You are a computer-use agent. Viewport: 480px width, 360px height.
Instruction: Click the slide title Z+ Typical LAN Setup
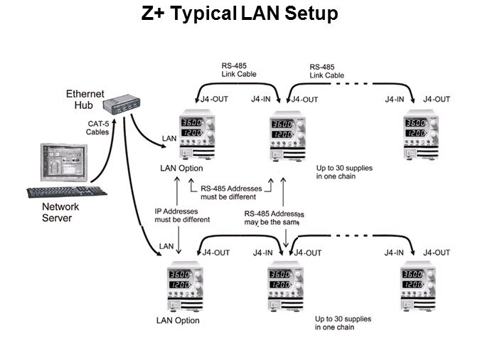pos(239,14)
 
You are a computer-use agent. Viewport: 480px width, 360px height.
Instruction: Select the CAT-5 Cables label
pos(97,127)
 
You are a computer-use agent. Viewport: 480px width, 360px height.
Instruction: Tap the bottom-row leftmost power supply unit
pos(186,286)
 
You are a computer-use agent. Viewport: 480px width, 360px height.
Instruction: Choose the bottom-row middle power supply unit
pos(289,286)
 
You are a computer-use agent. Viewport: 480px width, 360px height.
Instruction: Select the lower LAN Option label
pos(177,320)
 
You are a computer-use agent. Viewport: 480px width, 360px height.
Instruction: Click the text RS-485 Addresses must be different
pos(231,191)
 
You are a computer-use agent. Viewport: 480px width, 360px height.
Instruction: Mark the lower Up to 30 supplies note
pos(345,323)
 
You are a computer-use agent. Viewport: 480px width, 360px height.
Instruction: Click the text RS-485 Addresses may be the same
pos(274,218)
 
